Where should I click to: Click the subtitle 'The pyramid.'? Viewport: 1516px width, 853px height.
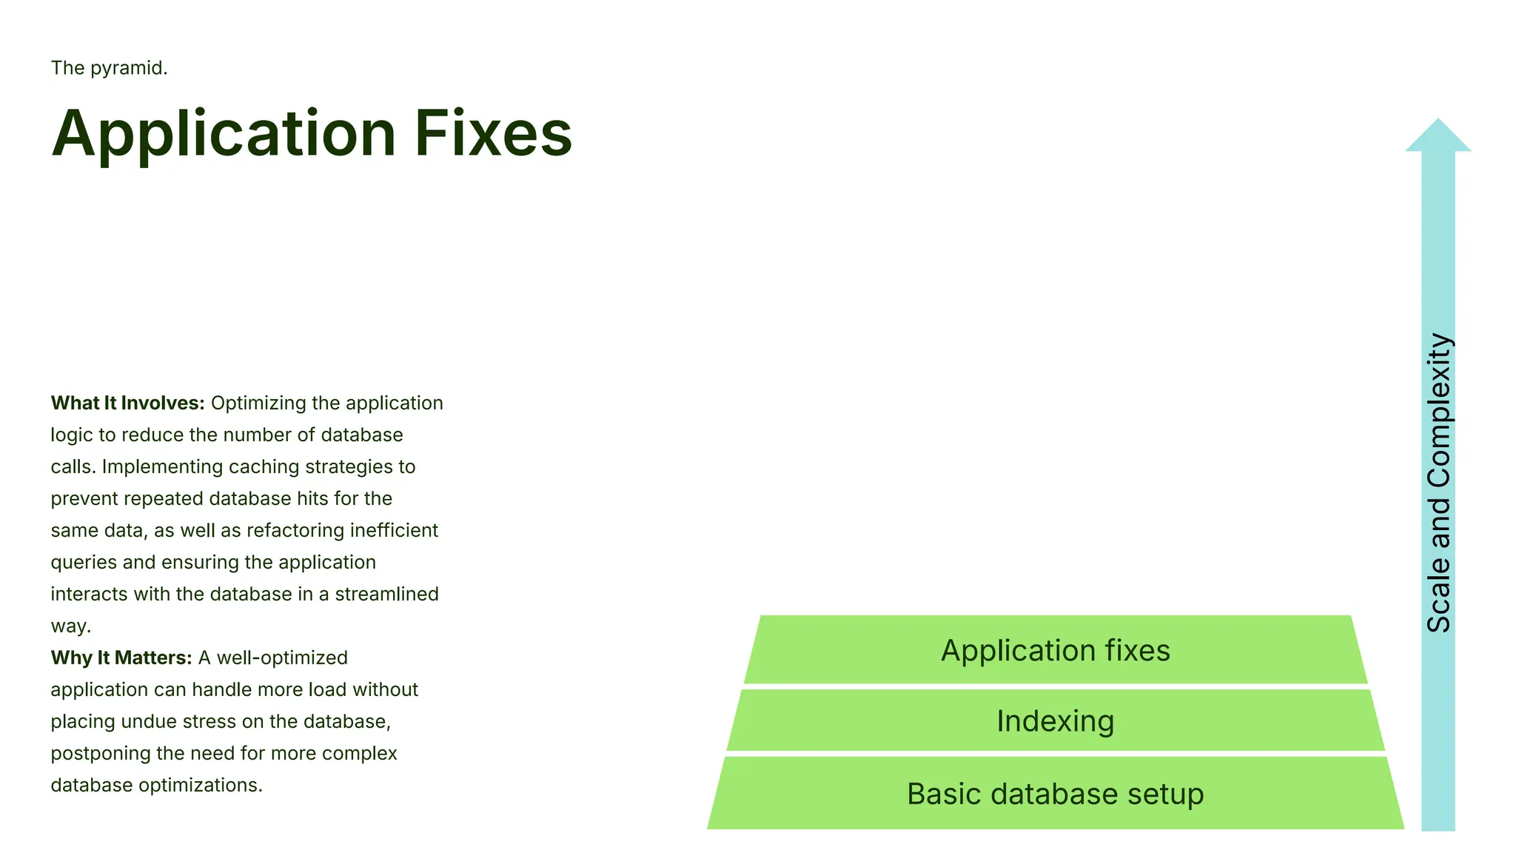[109, 68]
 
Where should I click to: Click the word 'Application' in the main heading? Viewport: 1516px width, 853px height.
[224, 135]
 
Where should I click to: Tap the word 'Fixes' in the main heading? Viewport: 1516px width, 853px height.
[493, 133]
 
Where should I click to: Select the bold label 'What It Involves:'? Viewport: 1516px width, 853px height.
[127, 404]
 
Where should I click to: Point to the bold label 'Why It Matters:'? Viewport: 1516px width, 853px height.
[121, 658]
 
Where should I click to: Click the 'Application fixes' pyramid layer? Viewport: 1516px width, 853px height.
[1055, 651]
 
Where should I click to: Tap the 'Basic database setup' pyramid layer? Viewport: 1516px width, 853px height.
[1055, 795]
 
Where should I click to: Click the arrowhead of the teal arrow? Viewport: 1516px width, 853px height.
[1438, 136]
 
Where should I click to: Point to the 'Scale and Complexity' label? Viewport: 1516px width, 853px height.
[1438, 483]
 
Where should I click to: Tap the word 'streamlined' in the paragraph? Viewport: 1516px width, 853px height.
[386, 595]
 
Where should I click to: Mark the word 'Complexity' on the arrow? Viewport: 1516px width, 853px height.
[1438, 412]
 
